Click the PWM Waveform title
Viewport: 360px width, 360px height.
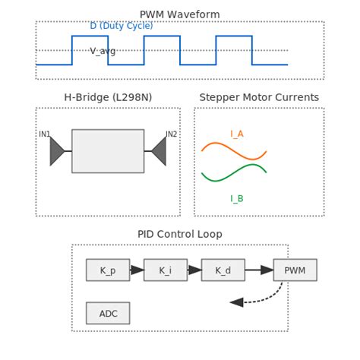coord(180,14)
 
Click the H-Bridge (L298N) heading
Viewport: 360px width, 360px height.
coord(107,97)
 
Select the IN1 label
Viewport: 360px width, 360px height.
coord(45,134)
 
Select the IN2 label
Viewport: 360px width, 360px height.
coord(171,134)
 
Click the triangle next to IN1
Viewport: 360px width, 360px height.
coord(57,151)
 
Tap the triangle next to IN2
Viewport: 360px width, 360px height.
coord(159,151)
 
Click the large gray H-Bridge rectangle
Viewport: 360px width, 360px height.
coord(108,151)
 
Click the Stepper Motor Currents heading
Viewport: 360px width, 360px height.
coord(259,97)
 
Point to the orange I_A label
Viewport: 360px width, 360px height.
coord(237,134)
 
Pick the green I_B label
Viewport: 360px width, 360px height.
coord(237,198)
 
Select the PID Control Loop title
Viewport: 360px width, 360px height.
coord(180,234)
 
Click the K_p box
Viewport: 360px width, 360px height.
coord(108,270)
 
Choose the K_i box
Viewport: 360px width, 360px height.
coord(166,270)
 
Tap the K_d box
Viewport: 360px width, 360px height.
coord(223,270)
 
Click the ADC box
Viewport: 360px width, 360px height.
coord(108,313)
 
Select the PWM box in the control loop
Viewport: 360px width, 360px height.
coord(295,270)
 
